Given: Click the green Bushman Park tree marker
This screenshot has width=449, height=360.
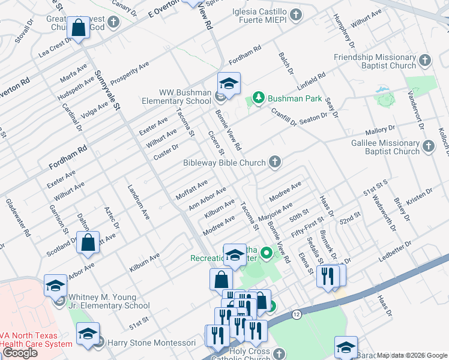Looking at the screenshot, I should (259, 98).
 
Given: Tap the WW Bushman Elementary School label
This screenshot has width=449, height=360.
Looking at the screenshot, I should (185, 97).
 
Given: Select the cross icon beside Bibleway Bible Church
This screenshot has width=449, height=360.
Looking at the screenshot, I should (275, 161).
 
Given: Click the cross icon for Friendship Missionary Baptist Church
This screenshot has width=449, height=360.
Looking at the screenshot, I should (425, 61).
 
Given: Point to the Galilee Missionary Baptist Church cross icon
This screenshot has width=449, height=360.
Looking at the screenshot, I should (429, 146).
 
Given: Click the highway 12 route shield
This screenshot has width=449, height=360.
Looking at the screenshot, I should (297, 314).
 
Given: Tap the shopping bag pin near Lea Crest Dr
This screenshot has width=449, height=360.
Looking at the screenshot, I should (78, 28).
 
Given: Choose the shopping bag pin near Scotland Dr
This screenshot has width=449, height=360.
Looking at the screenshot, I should (88, 243).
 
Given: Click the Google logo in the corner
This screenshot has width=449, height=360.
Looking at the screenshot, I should (20, 353).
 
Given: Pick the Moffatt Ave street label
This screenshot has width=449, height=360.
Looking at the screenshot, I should (191, 189).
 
